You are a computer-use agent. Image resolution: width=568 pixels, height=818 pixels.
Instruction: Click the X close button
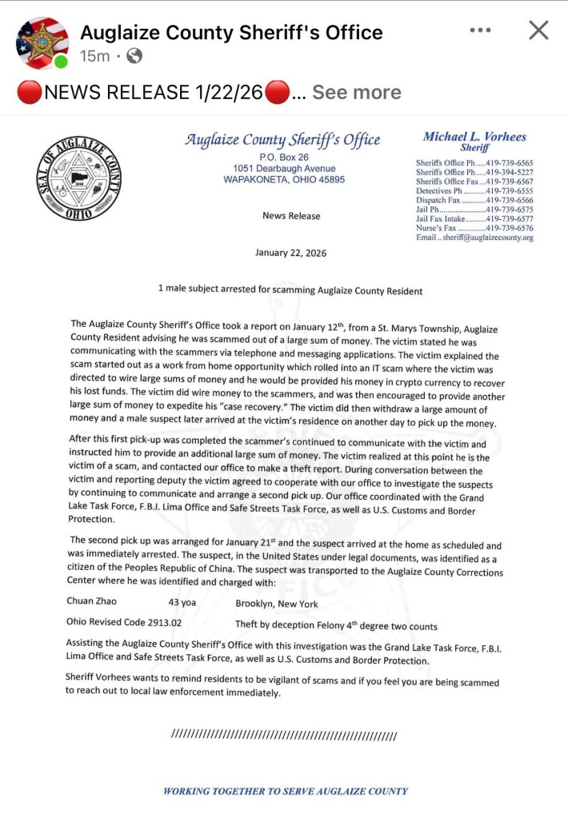pyautogui.click(x=539, y=30)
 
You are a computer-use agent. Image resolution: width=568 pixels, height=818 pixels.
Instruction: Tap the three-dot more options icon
pyautogui.click(x=481, y=30)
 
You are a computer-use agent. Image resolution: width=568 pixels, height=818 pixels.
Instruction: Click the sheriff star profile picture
pyautogui.click(x=42, y=42)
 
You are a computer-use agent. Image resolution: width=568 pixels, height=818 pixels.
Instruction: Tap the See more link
pyautogui.click(x=356, y=92)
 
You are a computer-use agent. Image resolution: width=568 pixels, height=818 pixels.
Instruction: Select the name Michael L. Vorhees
pyautogui.click(x=474, y=137)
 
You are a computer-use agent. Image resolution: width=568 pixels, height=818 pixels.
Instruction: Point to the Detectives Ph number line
pyautogui.click(x=474, y=191)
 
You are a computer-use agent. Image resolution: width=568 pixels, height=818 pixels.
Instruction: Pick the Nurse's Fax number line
pyautogui.click(x=474, y=228)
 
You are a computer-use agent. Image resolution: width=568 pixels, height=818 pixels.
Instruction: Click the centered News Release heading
pyautogui.click(x=291, y=216)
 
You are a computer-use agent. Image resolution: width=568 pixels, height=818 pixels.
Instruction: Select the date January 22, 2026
pyautogui.click(x=290, y=253)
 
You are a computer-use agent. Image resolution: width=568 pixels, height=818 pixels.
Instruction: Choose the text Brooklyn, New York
pyautogui.click(x=277, y=604)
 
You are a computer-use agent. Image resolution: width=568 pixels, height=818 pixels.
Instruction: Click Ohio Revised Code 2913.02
pyautogui.click(x=124, y=624)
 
